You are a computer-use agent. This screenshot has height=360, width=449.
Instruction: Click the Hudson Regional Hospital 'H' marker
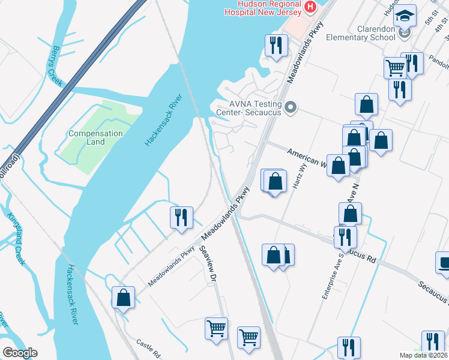(x=310, y=7)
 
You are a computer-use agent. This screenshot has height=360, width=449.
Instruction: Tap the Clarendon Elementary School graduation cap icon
(x=405, y=15)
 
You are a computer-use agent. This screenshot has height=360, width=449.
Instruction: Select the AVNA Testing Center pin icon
(x=291, y=108)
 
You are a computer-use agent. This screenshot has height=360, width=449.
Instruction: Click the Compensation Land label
(x=95, y=137)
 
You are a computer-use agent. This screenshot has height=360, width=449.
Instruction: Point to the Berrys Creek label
(x=58, y=66)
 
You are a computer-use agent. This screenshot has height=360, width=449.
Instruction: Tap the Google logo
(x=20, y=353)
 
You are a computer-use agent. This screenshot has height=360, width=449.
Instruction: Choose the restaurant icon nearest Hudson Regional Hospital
(x=276, y=45)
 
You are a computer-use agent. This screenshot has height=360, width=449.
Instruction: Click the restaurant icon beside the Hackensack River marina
(x=181, y=217)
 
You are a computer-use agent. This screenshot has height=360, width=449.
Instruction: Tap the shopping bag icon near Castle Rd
(x=123, y=297)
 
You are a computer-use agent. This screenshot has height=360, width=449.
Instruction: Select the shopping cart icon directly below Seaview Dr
(x=216, y=328)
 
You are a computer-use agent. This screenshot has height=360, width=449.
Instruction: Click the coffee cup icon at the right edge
(x=444, y=263)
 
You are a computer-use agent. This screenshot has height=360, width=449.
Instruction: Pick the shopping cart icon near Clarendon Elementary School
(x=394, y=67)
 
